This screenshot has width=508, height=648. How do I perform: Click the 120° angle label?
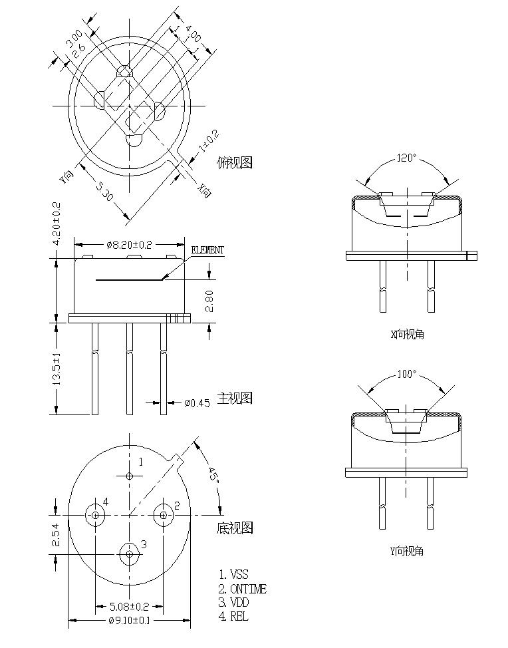coord(406,158)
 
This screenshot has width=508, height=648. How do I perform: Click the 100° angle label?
coord(406,375)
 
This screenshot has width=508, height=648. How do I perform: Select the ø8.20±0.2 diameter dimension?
coord(130,245)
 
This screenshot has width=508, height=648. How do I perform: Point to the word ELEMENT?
coord(207,250)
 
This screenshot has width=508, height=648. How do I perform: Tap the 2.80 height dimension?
coord(209,301)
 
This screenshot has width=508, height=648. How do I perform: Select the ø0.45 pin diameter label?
coord(197,403)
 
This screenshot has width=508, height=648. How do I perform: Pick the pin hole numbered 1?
coord(130,475)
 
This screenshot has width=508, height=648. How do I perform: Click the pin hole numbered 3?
coord(130,552)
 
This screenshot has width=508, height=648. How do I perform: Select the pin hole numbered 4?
coord(96,515)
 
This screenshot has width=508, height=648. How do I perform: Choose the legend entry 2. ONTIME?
coord(243,589)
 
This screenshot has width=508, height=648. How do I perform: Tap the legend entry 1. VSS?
coord(234,574)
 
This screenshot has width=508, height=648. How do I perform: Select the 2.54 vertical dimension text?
coord(57,534)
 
